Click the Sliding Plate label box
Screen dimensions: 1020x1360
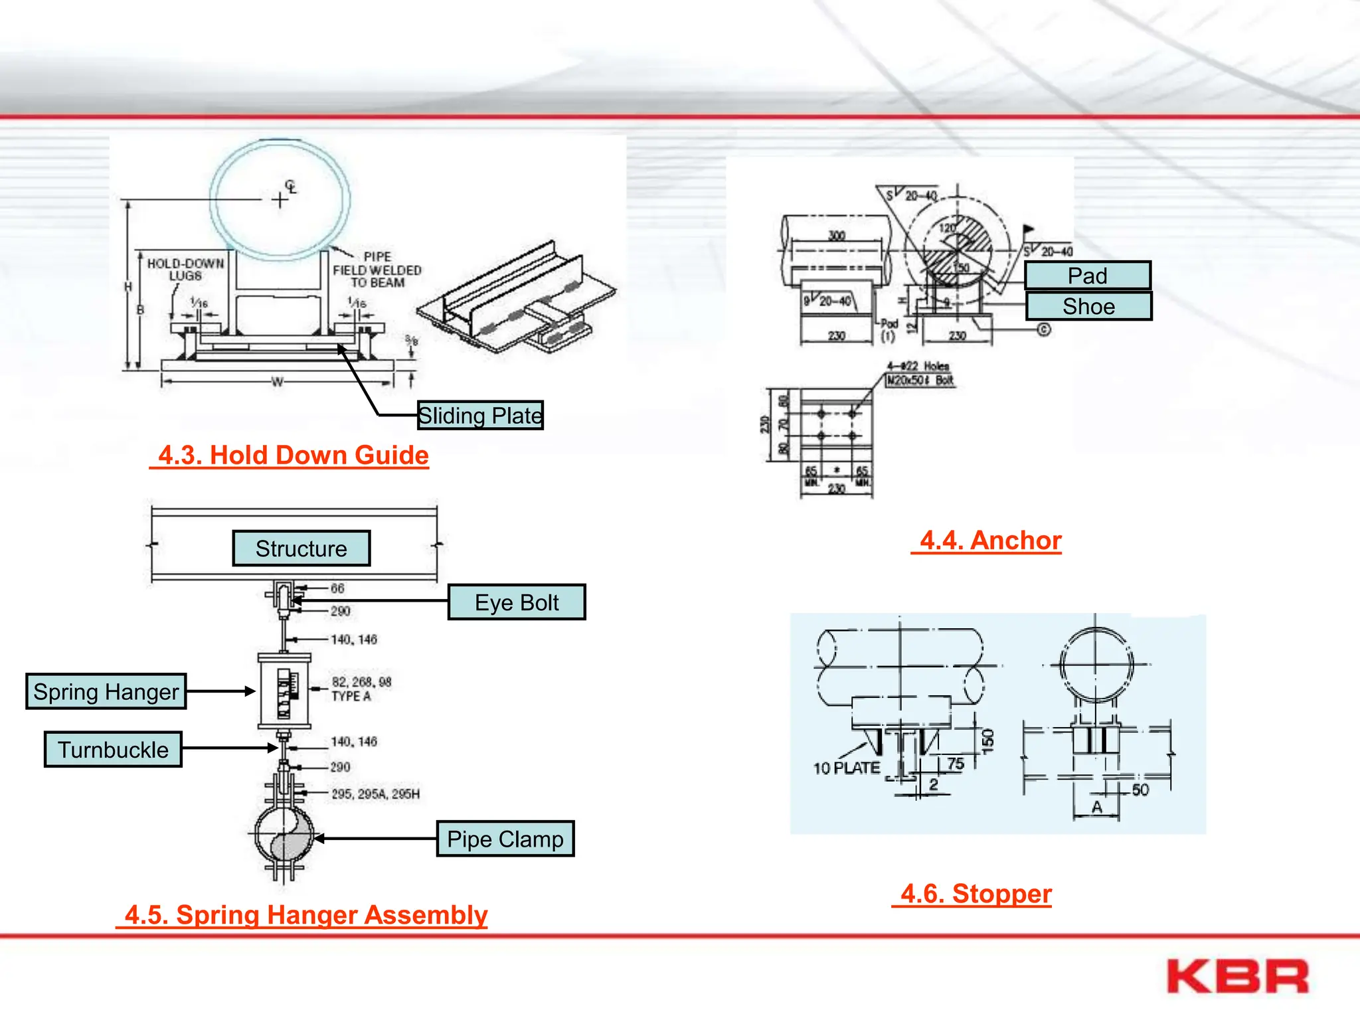click(480, 415)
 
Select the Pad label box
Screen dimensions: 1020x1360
click(1088, 276)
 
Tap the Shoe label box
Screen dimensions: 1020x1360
click(1088, 306)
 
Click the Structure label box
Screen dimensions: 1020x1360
click(301, 549)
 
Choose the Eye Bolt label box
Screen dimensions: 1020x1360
click(517, 602)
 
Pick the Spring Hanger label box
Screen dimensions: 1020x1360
click(106, 691)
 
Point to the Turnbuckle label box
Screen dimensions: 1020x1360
click(114, 750)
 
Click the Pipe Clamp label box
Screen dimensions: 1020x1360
click(505, 839)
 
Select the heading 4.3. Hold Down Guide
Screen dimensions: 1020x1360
click(293, 456)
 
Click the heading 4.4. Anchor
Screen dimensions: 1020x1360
click(990, 541)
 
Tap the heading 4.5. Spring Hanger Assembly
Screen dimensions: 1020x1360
click(305, 915)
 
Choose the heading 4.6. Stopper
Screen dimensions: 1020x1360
click(976, 894)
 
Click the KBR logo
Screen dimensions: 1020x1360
click(1237, 976)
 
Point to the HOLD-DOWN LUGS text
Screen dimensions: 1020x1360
click(185, 270)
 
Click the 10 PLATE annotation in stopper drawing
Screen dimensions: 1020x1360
click(846, 768)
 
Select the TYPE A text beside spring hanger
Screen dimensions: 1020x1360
click(351, 697)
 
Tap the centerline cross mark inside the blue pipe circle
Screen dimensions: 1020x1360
click(280, 199)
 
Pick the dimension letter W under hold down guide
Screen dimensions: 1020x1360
click(278, 382)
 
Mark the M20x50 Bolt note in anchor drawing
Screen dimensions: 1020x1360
click(921, 381)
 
